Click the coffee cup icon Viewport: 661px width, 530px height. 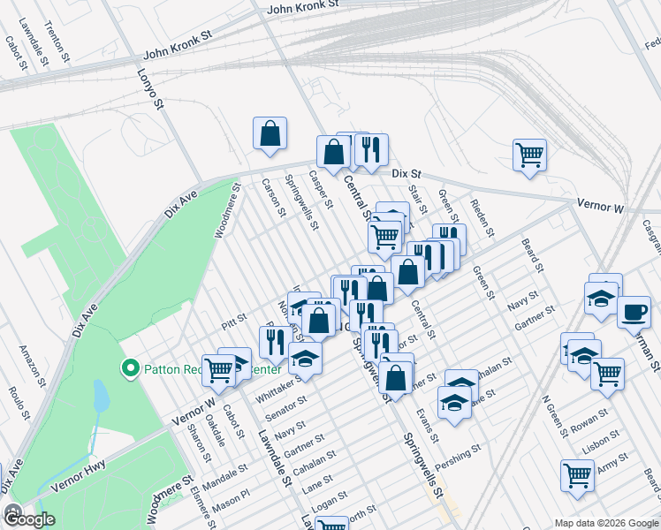633,312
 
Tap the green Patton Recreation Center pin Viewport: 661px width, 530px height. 131,367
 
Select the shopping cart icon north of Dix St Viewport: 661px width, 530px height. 529,155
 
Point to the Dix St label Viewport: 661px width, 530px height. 406,173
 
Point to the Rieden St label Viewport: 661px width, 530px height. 482,220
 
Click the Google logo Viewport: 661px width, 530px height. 28,519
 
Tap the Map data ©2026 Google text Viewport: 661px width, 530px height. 606,523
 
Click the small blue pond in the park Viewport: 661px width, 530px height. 100,398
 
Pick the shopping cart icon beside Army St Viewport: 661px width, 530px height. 576,474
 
